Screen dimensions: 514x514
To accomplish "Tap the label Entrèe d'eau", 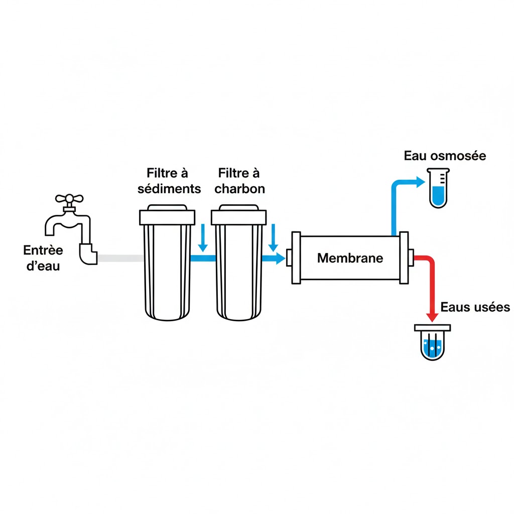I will coord(43,258).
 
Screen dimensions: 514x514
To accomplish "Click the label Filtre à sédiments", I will coord(169,181).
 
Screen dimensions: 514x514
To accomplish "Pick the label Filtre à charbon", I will coord(239,181).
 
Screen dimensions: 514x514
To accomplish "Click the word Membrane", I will coord(350,259).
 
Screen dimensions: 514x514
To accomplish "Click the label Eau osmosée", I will coord(445,156).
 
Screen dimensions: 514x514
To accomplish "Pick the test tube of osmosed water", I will coord(438,188).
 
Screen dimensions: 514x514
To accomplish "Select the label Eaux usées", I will coord(475,307).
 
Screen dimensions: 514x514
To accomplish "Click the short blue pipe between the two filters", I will coord(203,258).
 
